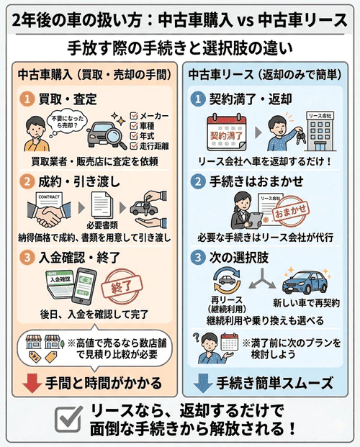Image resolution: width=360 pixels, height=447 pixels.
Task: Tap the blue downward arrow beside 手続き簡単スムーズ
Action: [x=203, y=381]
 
